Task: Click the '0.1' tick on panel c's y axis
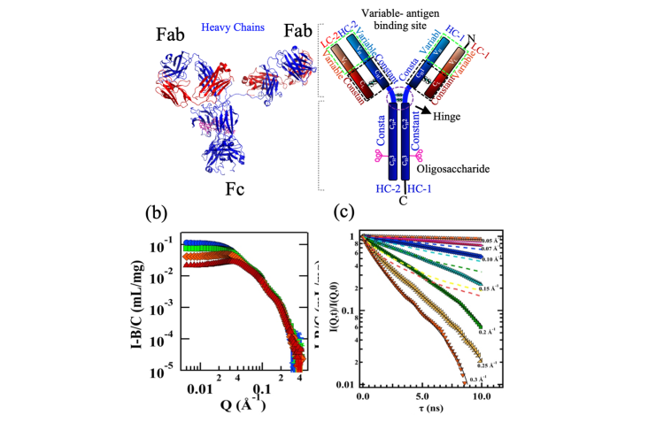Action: pos(351,311)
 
